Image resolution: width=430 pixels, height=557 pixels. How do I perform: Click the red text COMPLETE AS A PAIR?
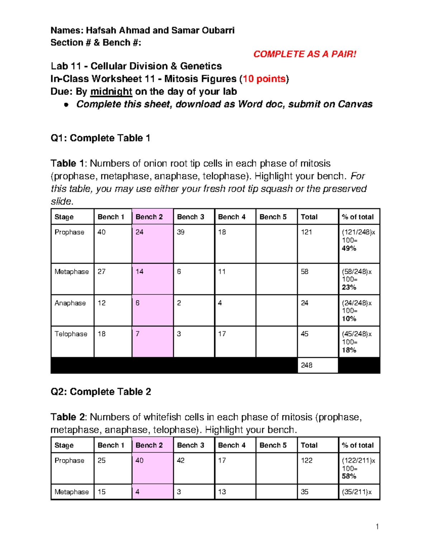coord(305,54)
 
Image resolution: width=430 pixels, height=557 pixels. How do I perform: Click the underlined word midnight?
coord(111,92)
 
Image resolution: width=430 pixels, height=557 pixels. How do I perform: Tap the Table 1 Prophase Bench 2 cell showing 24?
coord(140,232)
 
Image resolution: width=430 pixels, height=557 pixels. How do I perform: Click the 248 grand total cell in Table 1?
coord(307,365)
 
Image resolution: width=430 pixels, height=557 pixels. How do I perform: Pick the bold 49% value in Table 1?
coord(349,249)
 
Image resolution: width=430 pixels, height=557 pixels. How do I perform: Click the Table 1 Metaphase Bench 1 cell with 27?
coord(102,272)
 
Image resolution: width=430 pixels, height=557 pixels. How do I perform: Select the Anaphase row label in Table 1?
coord(70,303)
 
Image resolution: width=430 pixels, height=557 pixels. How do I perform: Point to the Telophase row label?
coord(71,334)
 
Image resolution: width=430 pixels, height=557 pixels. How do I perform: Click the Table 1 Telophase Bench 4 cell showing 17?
coord(222,334)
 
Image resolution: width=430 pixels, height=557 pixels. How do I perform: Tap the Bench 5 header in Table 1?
coord(273,217)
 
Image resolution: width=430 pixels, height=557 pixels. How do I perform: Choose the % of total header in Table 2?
coord(358,445)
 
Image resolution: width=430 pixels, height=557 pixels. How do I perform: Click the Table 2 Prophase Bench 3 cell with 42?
coord(181,461)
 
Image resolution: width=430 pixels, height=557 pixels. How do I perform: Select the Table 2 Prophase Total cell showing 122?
coord(307,461)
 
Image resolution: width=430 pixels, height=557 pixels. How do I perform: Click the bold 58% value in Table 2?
coord(349,476)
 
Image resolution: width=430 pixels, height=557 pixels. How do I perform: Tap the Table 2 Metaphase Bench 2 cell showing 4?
coord(138,492)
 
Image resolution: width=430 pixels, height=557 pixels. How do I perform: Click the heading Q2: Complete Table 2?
coord(101,392)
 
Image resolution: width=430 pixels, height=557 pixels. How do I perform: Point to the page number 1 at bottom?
coord(377,527)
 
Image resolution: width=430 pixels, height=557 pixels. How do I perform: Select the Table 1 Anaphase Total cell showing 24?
coord(305,303)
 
